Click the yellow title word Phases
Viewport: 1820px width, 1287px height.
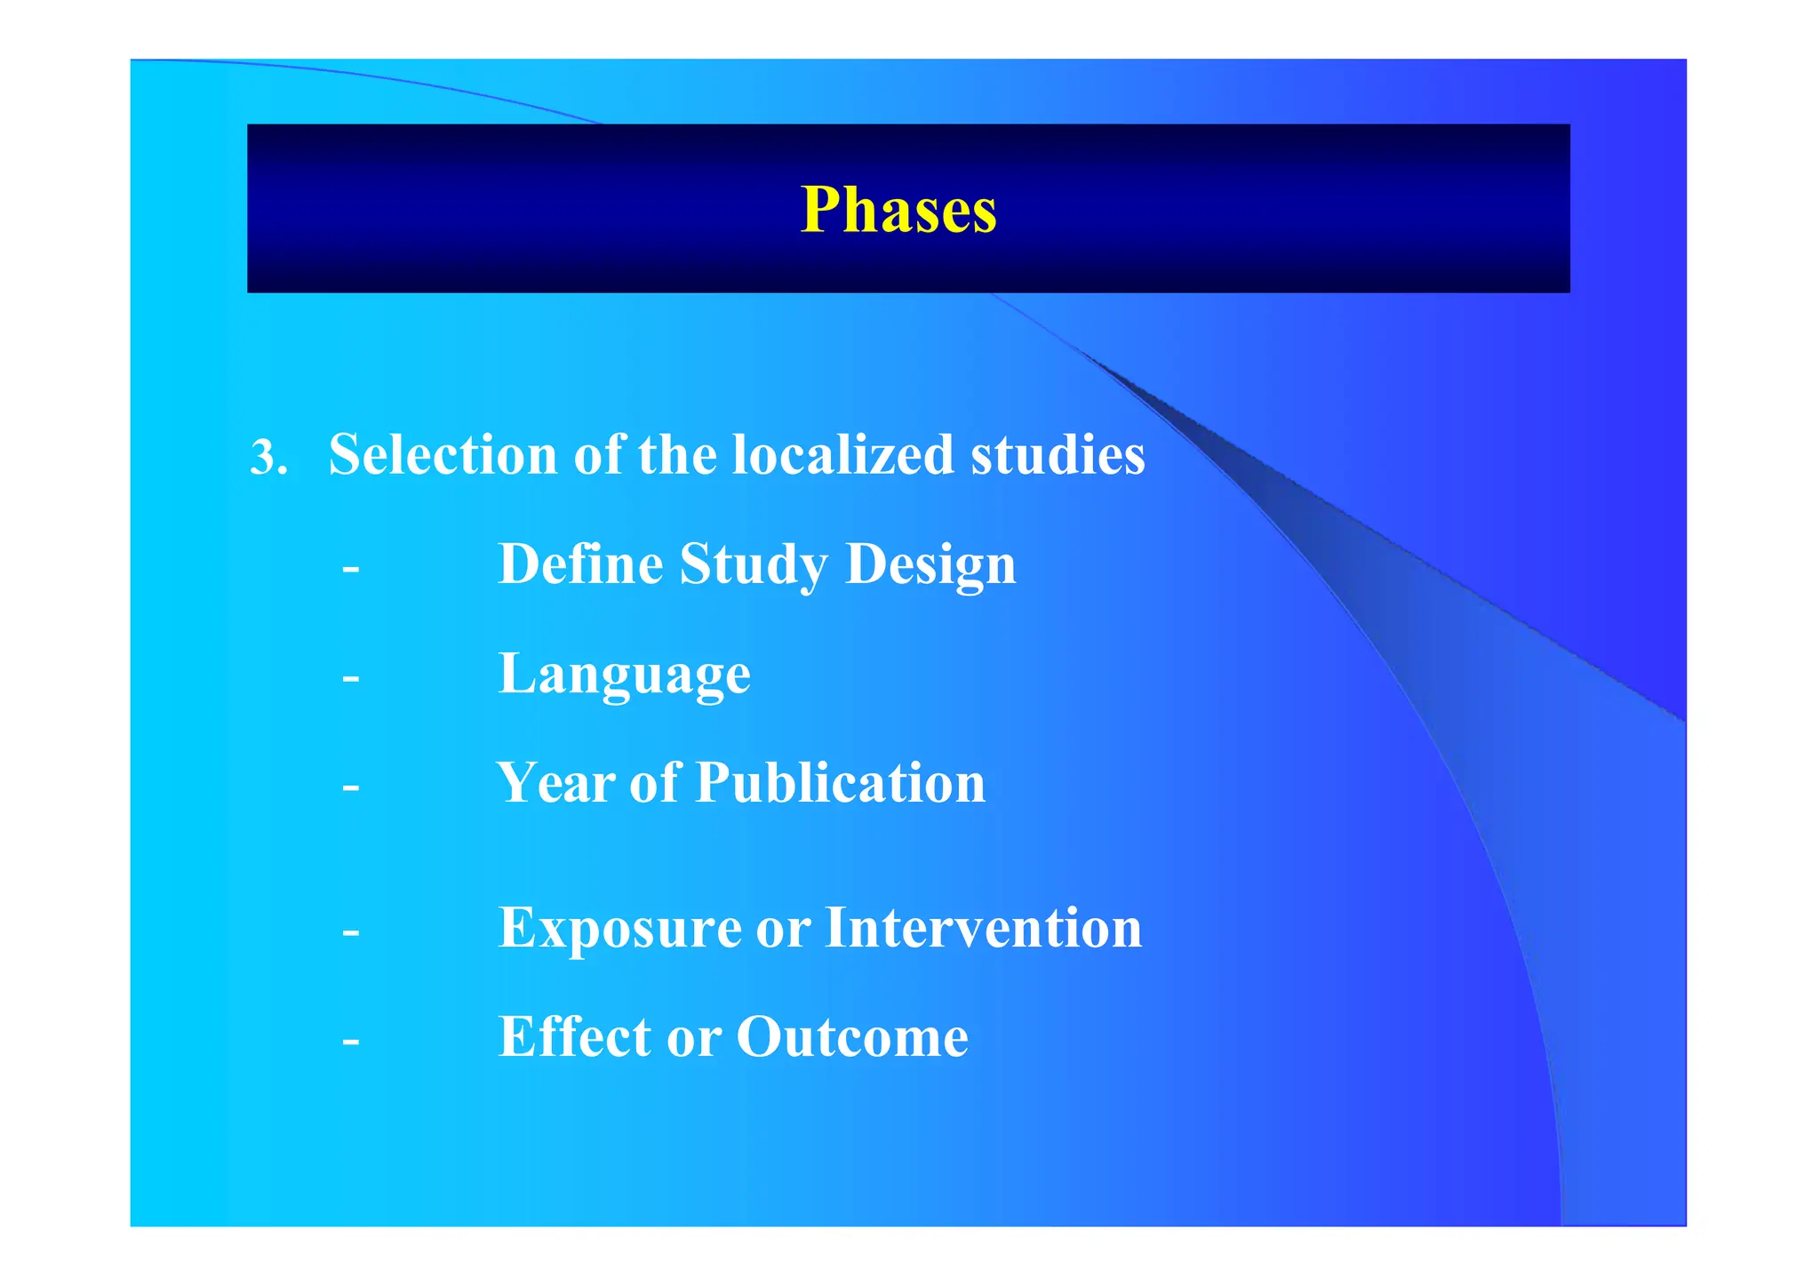coord(898,211)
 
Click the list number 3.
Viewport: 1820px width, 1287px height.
coord(267,459)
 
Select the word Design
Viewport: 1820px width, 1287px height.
coord(930,565)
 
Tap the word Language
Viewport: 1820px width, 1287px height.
coord(624,675)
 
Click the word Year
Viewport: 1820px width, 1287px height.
coord(555,783)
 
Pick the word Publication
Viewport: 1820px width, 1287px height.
coord(840,783)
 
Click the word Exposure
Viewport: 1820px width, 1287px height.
coord(619,929)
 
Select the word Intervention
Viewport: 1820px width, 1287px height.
coord(983,928)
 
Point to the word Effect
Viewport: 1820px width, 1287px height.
coord(574,1037)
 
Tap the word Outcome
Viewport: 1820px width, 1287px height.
coord(851,1037)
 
